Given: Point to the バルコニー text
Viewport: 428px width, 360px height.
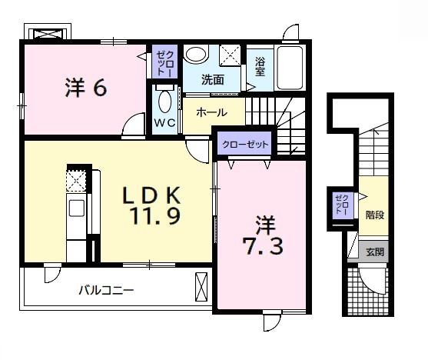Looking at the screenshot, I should tap(107, 291).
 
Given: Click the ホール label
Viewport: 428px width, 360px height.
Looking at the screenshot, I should tap(211, 112).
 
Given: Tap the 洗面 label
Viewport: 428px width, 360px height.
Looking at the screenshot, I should tap(213, 79).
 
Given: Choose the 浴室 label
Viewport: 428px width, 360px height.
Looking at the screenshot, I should tap(260, 65).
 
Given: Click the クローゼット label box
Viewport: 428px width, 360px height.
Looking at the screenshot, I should tap(246, 144).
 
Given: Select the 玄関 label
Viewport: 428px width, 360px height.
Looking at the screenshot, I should tap(373, 251).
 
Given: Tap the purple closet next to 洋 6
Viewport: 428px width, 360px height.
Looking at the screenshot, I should tap(164, 61).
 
